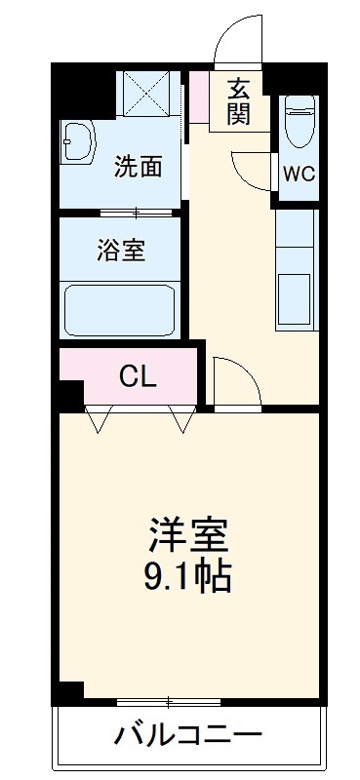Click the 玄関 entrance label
[239, 100]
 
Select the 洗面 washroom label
[138, 167]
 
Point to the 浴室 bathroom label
[121, 250]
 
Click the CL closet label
[138, 376]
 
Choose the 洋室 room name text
[188, 535]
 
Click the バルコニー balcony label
[187, 733]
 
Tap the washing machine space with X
[149, 93]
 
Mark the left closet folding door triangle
[99, 419]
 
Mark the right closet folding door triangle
[180, 419]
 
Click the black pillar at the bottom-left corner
[67, 691]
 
